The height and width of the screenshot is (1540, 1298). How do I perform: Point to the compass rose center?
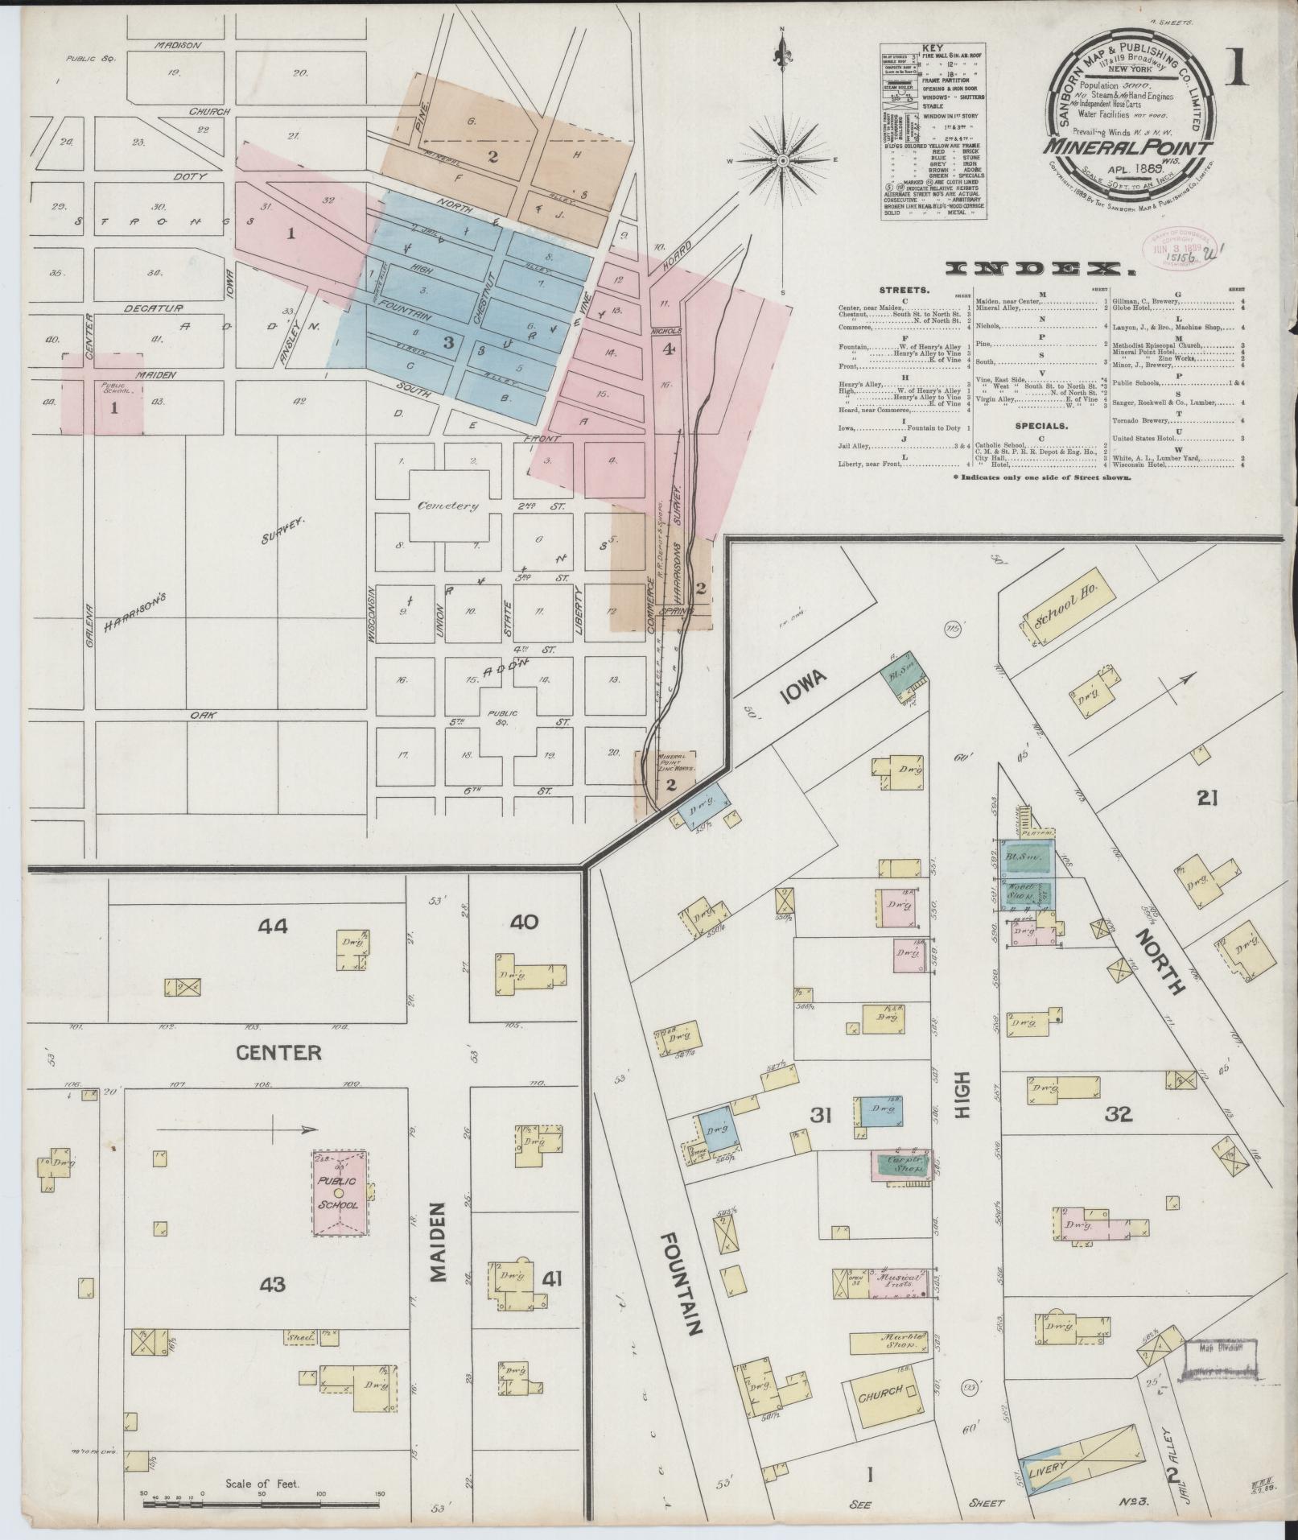[782, 162]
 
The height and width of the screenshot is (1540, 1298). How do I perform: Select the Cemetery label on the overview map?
[447, 506]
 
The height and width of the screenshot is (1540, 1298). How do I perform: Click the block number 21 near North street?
[1208, 798]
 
